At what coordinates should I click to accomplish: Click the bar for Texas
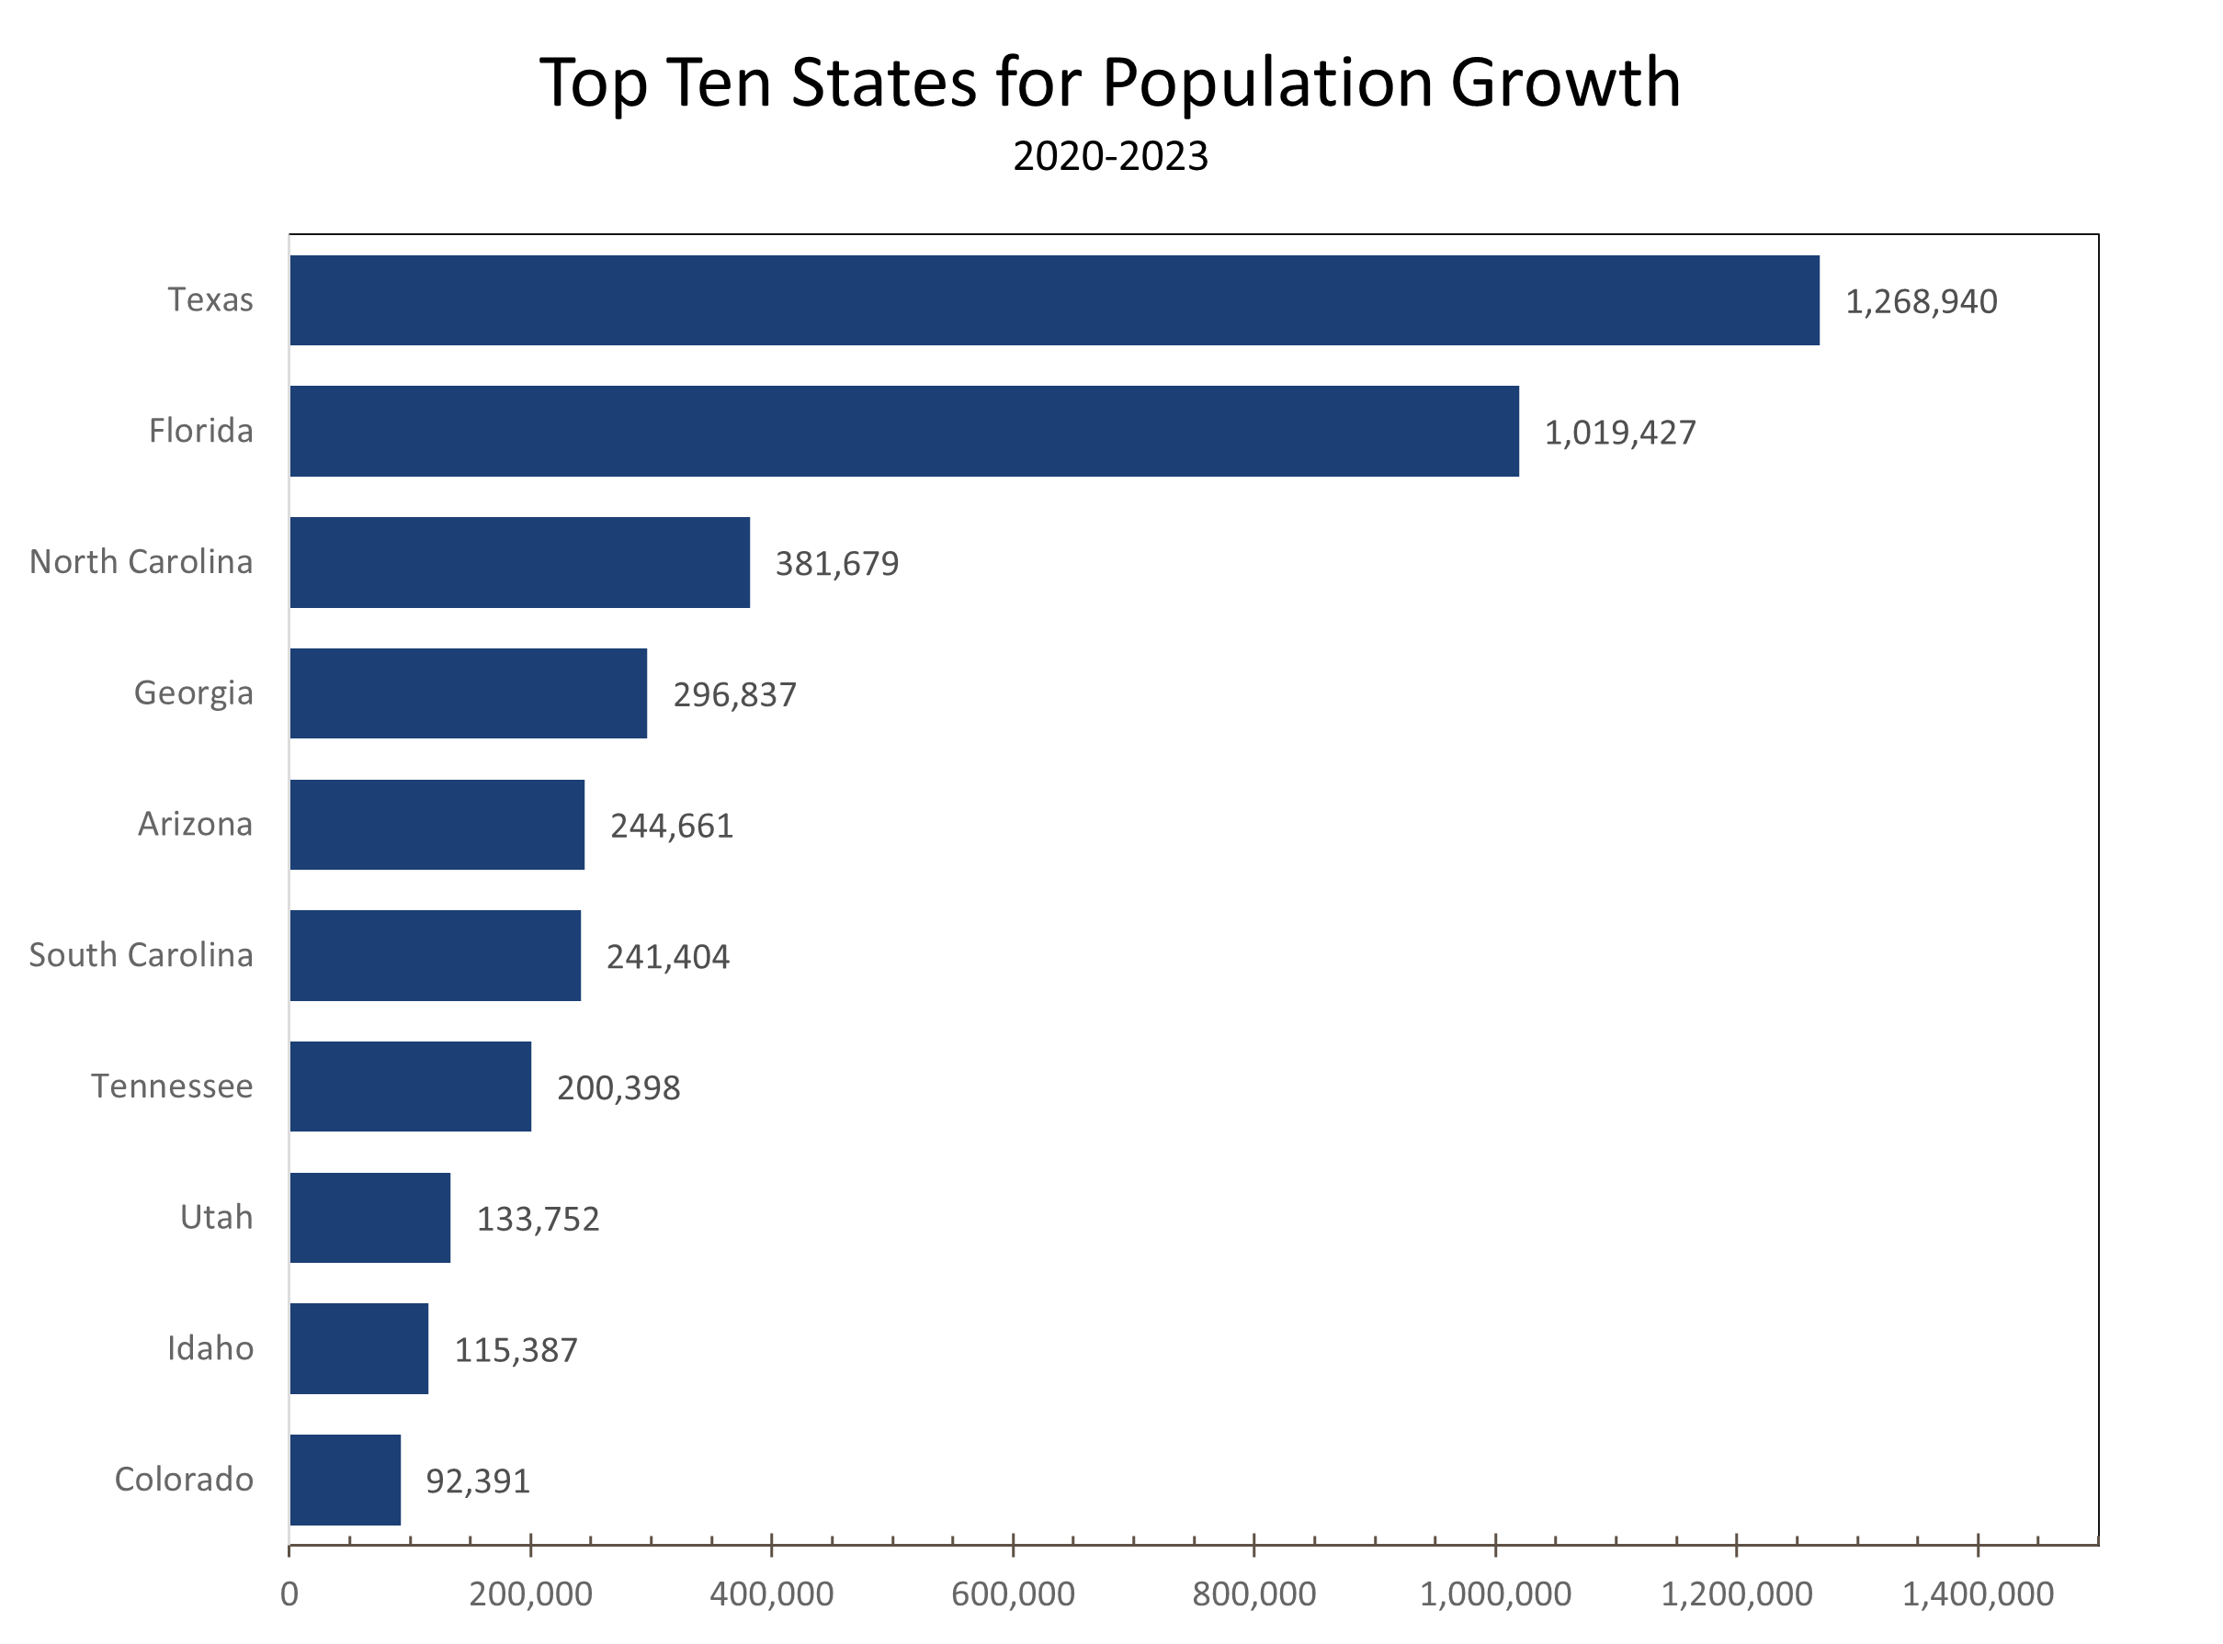(x=1053, y=300)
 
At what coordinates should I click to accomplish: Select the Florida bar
(x=904, y=431)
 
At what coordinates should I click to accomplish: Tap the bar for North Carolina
(x=519, y=562)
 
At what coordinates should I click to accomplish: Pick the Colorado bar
(x=346, y=1480)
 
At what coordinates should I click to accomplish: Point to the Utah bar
(x=370, y=1217)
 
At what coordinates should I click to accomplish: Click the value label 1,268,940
(x=1921, y=302)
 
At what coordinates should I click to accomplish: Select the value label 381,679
(x=836, y=564)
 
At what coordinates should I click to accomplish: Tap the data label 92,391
(x=478, y=1481)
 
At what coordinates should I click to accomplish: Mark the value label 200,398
(x=618, y=1088)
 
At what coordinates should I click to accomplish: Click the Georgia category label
(x=193, y=693)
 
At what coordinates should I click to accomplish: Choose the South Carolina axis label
(x=142, y=955)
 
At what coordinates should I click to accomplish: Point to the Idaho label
(x=210, y=1348)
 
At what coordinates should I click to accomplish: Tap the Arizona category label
(x=195, y=824)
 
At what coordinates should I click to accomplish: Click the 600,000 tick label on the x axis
(x=1013, y=1594)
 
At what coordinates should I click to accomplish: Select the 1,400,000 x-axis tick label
(x=1977, y=1594)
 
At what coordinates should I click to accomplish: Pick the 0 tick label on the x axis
(x=289, y=1594)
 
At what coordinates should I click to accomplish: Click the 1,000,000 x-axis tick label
(x=1494, y=1594)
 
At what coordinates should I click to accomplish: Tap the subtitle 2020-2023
(x=1110, y=157)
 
